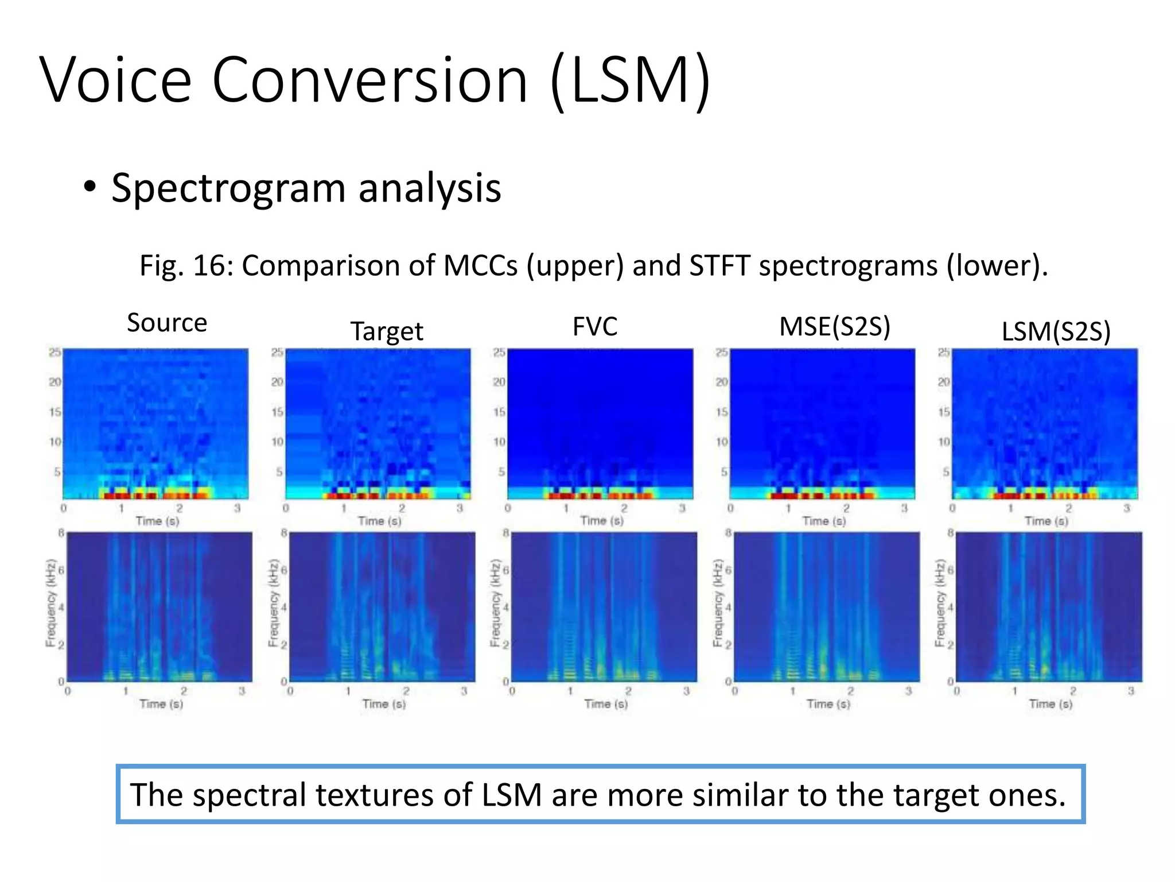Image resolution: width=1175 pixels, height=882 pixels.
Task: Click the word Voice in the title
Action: click(115, 80)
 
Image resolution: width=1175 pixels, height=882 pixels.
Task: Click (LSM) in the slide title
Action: click(631, 80)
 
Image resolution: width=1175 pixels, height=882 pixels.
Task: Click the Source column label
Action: click(167, 323)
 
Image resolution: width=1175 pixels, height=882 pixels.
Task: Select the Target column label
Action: click(387, 331)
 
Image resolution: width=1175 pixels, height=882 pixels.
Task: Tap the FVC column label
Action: click(595, 326)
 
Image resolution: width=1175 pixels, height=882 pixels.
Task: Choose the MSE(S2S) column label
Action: click(835, 326)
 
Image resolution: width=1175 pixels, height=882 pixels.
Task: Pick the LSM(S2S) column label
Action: click(1056, 331)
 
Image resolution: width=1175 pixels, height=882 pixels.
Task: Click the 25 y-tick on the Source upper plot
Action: click(55, 352)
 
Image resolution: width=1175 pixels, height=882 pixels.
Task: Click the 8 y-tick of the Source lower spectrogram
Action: click(61, 533)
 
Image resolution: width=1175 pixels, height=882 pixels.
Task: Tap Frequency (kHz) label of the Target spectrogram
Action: click(273, 603)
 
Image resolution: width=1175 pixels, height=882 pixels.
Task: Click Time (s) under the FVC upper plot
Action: click(601, 520)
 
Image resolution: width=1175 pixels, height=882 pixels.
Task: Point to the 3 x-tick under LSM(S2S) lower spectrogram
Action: click(1131, 691)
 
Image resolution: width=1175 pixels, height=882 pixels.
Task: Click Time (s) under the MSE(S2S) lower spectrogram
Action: click(828, 703)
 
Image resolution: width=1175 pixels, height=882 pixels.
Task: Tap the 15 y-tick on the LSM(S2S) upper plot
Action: click(944, 412)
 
